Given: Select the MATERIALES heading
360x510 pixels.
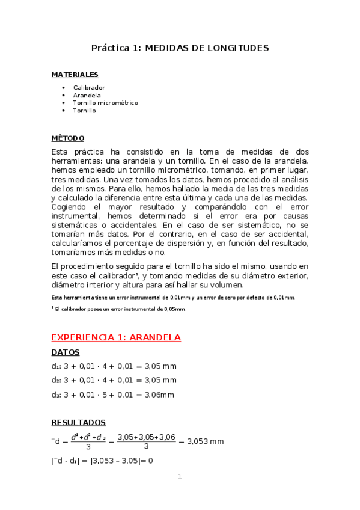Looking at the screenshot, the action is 75,75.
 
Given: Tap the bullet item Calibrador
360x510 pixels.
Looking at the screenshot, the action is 89,88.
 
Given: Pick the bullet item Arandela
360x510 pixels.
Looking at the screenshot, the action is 87,95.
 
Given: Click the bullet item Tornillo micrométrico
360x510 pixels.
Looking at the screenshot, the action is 105,103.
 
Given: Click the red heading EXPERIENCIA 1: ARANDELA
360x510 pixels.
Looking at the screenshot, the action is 116,337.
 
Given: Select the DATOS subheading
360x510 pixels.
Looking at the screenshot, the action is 65,352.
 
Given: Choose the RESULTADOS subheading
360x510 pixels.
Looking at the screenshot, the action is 79,423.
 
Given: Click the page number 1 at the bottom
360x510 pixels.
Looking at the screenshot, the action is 179,478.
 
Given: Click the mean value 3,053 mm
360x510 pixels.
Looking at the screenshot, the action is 205,441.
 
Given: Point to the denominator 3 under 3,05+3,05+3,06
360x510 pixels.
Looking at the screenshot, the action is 146,447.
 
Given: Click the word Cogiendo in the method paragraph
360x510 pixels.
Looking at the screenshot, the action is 70,207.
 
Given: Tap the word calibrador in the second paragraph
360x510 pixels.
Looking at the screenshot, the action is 117,275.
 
